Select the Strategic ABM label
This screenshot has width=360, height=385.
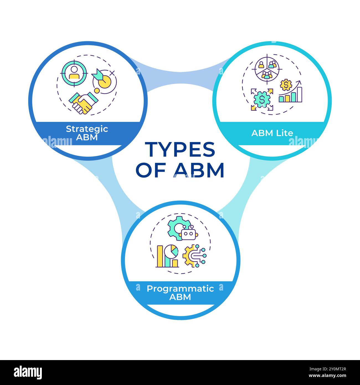click(x=87, y=133)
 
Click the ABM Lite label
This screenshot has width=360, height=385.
click(x=272, y=133)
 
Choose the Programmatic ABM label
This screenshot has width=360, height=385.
click(x=180, y=292)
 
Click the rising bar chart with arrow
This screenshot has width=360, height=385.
click(x=290, y=93)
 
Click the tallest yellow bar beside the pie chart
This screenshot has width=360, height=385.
click(x=160, y=256)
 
